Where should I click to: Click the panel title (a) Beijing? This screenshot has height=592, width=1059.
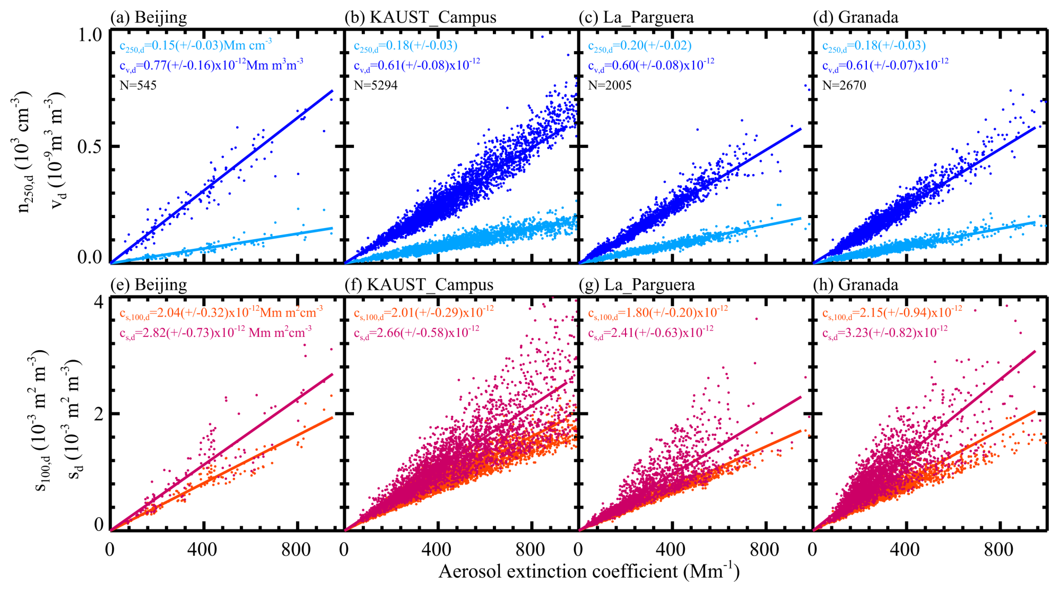click(149, 17)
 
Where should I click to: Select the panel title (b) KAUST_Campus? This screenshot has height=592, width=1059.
click(420, 17)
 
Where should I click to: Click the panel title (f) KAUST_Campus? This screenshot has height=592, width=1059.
click(419, 285)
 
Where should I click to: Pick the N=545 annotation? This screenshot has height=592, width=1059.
click(138, 86)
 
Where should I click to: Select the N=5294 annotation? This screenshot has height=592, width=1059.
click(376, 86)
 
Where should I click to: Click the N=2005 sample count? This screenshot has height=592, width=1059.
click(610, 86)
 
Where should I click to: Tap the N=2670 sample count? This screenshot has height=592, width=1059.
click(844, 86)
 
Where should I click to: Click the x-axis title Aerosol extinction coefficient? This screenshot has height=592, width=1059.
click(589, 572)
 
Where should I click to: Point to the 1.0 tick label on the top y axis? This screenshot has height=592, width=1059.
click(90, 35)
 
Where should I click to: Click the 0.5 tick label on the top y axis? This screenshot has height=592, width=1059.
click(90, 146)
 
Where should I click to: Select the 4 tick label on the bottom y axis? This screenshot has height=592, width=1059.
click(98, 302)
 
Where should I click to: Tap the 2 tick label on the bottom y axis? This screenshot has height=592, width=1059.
click(98, 413)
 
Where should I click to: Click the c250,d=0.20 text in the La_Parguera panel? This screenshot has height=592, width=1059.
click(639, 46)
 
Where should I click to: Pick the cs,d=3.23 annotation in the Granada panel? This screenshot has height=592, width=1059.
click(885, 333)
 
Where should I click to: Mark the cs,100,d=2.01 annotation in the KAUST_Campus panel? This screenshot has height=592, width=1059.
click(424, 312)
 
